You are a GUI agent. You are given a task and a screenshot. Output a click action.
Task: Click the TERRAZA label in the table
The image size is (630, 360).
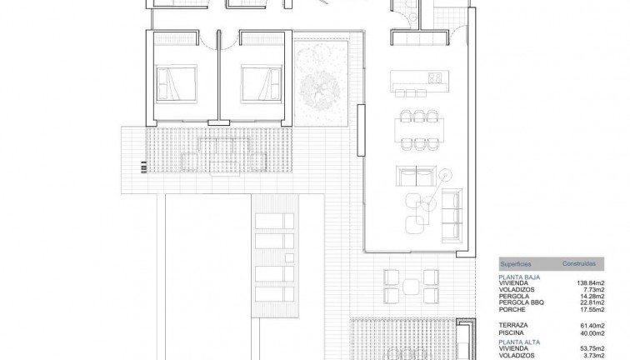512,325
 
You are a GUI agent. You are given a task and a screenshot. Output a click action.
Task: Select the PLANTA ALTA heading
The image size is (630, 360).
518,342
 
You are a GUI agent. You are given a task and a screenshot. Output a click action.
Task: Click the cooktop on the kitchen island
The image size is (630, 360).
434,79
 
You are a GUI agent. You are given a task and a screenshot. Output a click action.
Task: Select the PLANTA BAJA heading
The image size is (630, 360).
517,277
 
